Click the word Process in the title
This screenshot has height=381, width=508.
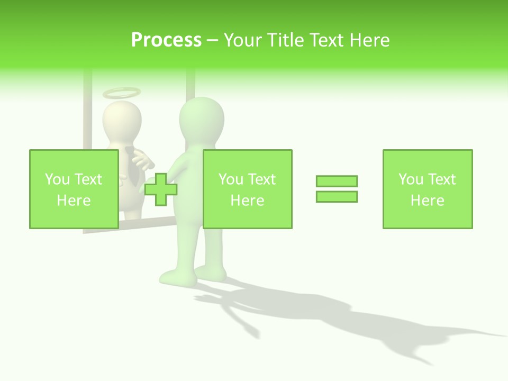tap(166, 40)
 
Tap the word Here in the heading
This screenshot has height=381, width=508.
tap(368, 40)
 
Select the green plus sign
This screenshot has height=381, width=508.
tap(160, 189)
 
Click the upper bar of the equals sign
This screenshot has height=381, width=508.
tap(337, 181)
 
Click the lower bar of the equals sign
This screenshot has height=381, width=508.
tap(337, 196)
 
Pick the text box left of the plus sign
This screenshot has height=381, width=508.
tap(74, 189)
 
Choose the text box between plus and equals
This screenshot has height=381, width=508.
tap(247, 189)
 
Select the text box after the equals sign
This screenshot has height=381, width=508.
tap(427, 189)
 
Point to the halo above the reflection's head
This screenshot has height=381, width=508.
tap(122, 93)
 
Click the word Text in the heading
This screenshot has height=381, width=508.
tap(326, 40)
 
